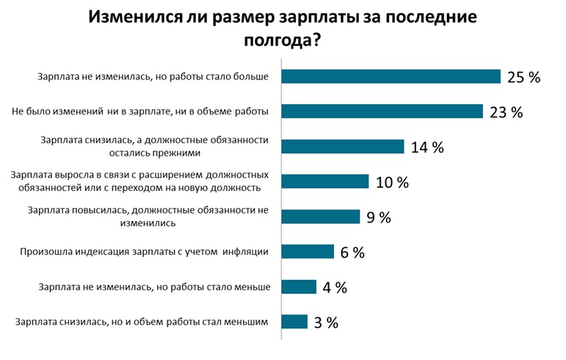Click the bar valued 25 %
[391, 76]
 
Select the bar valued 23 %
[382, 112]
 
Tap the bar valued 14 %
[343, 146]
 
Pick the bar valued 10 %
[325, 181]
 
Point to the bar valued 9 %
[321, 217]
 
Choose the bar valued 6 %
[308, 251]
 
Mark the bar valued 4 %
[300, 287]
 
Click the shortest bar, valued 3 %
[295, 322]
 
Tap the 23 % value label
[505, 112]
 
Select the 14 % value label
[427, 147]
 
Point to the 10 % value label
[391, 182]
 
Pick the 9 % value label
[379, 217]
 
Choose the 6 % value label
[352, 252]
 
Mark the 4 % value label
[335, 287]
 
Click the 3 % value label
[326, 323]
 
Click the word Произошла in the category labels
[44, 252]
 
